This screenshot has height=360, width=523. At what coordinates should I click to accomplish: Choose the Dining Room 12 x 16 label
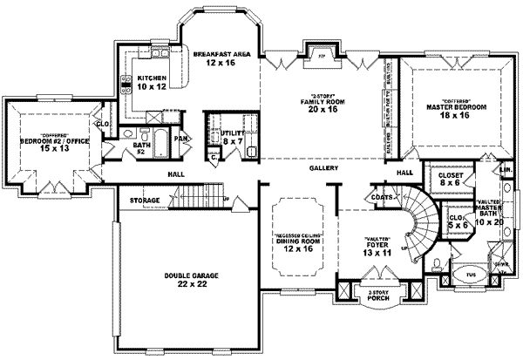coord(300,242)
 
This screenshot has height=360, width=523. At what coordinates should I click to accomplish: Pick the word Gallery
coord(323,168)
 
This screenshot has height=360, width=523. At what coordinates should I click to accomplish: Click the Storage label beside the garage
coord(145,200)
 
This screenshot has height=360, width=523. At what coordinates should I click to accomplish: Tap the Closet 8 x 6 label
coord(451,179)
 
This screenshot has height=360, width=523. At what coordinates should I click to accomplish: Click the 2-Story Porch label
coord(378,296)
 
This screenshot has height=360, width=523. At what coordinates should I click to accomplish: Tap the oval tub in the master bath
coord(472,271)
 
